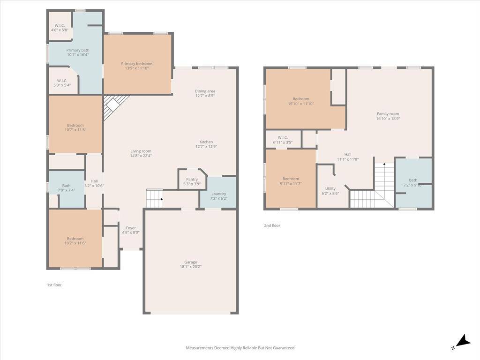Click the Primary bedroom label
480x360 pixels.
[136, 64]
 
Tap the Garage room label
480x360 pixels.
[190, 262]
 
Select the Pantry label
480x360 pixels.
[192, 180]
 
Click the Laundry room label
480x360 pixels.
[218, 194]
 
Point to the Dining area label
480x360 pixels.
[205, 91]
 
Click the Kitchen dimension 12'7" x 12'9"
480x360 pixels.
[206, 147]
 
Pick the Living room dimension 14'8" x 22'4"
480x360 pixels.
[141, 156]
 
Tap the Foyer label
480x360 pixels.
[131, 228]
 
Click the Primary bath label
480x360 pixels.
[78, 50]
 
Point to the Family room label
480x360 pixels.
[388, 114]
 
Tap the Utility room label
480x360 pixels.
[330, 188]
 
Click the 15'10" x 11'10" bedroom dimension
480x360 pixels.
[300, 104]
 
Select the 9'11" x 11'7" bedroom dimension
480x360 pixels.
[291, 184]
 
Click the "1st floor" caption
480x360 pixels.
[54, 285]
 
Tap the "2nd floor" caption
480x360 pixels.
[272, 225]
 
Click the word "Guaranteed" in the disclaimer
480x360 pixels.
[284, 348]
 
